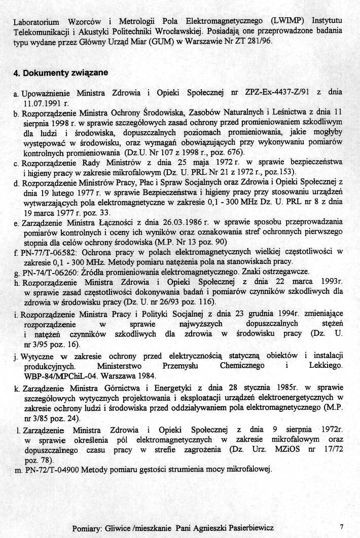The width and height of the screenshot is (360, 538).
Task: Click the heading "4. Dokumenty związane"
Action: pyautogui.click(x=61, y=72)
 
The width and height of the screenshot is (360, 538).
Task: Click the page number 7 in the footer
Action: pyautogui.click(x=342, y=526)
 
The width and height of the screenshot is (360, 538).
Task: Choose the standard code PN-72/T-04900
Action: pyautogui.click(x=53, y=470)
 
